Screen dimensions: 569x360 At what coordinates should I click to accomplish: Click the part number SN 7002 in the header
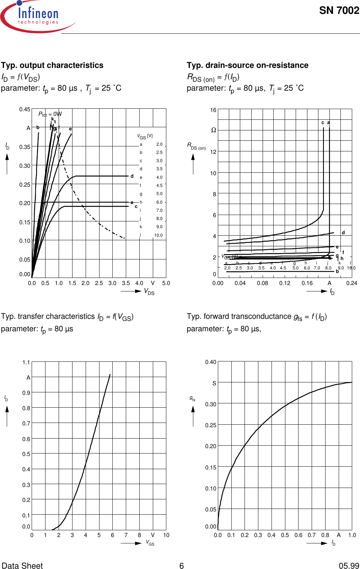point(339,11)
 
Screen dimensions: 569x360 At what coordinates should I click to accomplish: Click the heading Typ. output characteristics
point(52,65)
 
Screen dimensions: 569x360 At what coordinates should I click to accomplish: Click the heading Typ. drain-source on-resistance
point(247,65)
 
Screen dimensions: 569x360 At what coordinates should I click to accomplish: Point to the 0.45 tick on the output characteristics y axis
point(25,109)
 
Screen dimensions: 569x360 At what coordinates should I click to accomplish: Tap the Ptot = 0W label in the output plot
point(50,114)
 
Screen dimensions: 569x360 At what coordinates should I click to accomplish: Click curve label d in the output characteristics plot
point(132,176)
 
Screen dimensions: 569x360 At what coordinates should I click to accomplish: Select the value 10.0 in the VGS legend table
point(158,235)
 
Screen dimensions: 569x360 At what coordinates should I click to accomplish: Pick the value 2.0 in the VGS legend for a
point(159,144)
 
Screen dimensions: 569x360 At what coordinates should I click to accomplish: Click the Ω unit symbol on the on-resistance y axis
point(214,130)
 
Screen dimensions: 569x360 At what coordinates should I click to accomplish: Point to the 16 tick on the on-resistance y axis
point(213,110)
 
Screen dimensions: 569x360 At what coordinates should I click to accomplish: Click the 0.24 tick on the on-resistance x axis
point(351,283)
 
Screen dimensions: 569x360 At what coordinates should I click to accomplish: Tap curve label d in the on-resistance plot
point(343,232)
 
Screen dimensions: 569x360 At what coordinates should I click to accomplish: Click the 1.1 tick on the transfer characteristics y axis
point(26,363)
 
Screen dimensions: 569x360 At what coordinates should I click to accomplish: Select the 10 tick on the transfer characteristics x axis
point(166,535)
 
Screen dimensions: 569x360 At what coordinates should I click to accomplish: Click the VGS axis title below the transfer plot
point(150,543)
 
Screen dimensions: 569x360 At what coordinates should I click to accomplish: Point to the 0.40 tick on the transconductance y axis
point(210,362)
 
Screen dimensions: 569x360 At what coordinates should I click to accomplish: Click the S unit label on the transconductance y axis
point(214,383)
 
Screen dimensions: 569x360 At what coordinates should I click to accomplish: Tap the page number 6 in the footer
point(181,566)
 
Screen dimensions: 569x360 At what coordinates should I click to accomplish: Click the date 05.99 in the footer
point(349,566)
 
